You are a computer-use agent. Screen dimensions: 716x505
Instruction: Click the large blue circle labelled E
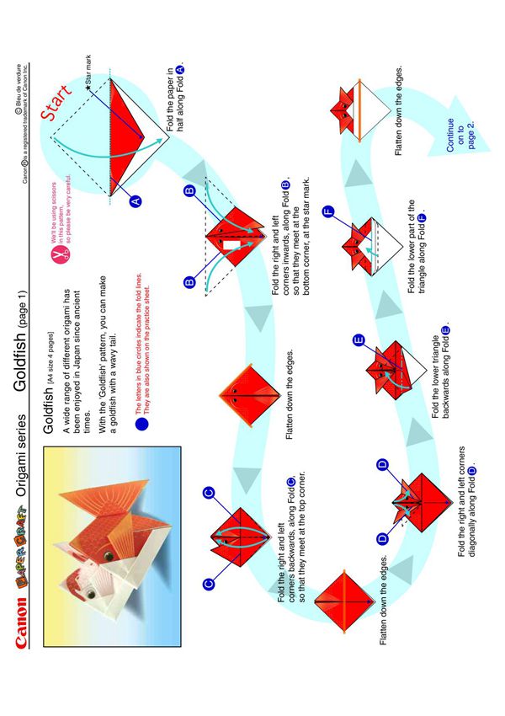coord(359,340)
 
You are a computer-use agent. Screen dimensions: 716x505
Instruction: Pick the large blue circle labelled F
coord(327,211)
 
